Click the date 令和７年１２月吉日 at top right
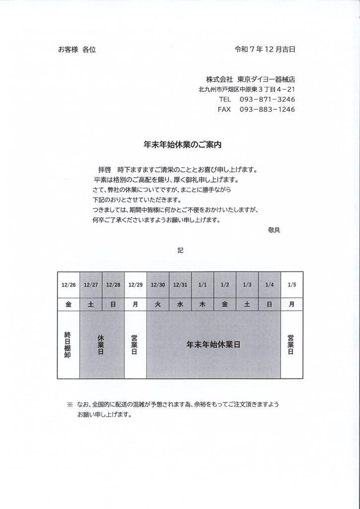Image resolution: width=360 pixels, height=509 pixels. pos(266,50)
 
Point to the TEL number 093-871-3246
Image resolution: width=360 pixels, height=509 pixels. pos(267,99)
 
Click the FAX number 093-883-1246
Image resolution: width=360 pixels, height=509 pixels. pos(267,109)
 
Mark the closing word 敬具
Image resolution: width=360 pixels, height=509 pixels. pos(274,230)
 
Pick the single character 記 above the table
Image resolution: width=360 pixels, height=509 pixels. pos(180,251)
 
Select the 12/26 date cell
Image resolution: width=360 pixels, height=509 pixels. pos(69,285)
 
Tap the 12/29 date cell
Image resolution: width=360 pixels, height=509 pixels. pos(135,285)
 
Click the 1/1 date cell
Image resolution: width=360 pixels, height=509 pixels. pos(202,285)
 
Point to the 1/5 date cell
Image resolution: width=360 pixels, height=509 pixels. pos(292,285)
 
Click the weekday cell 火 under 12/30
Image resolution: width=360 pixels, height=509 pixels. pos(158,305)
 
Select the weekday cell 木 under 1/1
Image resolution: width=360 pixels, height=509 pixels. pos(202,305)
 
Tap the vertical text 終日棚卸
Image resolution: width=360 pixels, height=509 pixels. pos(68,344)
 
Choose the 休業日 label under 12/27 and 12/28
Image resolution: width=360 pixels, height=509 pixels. pos(101,344)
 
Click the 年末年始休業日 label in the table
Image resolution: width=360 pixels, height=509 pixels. pos(213,344)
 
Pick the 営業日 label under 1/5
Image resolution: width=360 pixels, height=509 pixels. pos(292,344)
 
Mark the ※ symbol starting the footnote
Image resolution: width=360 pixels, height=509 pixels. pos(70,405)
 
